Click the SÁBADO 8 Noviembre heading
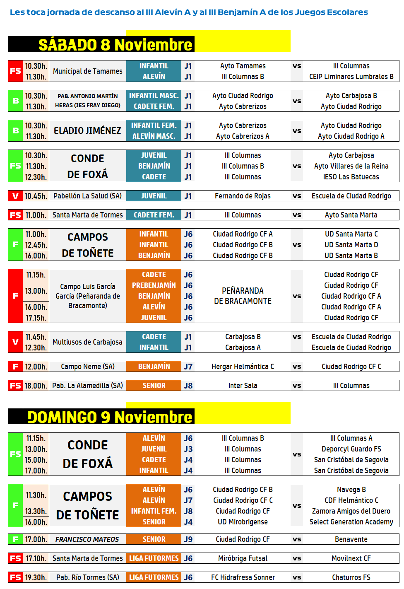click(x=115, y=45)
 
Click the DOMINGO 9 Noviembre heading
click(x=110, y=417)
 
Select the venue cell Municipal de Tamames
click(x=88, y=71)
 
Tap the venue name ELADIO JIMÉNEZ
click(x=88, y=131)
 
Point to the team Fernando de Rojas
click(x=243, y=196)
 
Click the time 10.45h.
click(x=36, y=196)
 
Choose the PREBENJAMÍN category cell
click(x=154, y=285)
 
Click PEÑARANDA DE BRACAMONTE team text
click(x=243, y=296)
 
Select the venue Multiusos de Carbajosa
click(x=87, y=342)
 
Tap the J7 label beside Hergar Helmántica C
click(x=188, y=367)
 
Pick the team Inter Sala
click(x=243, y=386)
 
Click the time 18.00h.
click(x=36, y=386)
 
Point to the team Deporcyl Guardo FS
click(x=351, y=449)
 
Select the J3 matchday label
click(x=188, y=449)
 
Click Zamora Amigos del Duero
click(x=351, y=511)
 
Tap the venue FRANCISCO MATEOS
click(x=87, y=539)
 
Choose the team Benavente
click(x=351, y=539)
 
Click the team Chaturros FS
click(x=351, y=577)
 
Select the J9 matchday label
click(x=188, y=539)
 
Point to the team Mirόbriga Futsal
click(x=243, y=558)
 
